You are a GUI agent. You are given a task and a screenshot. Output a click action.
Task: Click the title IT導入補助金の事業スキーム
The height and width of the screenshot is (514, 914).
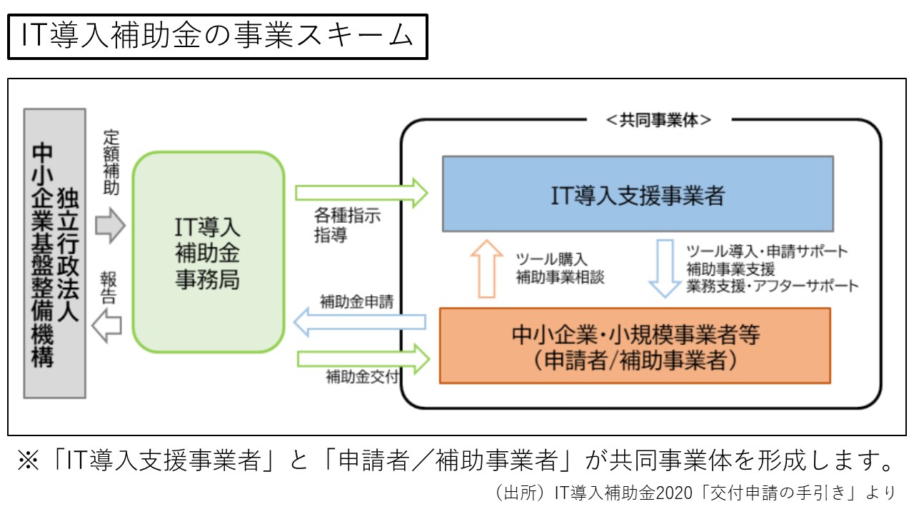217,36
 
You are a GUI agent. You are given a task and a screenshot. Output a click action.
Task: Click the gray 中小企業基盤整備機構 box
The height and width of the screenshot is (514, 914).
54,253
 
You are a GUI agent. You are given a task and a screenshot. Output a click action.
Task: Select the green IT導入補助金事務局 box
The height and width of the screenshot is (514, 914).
208,252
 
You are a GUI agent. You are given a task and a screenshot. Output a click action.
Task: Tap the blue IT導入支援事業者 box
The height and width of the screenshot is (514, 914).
638,193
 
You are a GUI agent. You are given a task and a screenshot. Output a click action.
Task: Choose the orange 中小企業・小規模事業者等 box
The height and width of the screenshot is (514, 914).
635,346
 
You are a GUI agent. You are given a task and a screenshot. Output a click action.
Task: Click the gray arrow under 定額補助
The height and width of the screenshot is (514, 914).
110,226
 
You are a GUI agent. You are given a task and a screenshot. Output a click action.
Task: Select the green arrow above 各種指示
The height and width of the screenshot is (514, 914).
361,193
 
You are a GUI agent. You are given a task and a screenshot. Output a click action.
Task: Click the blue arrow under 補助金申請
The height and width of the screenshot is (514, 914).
360,322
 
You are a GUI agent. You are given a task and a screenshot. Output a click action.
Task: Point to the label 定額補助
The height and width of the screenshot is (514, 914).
111,163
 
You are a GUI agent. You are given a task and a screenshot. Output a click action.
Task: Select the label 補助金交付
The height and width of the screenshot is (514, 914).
362,377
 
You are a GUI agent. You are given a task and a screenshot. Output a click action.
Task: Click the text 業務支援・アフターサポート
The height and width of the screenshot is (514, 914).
773,286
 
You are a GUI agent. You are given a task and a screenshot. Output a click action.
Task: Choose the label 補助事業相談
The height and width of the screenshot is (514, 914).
560,278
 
